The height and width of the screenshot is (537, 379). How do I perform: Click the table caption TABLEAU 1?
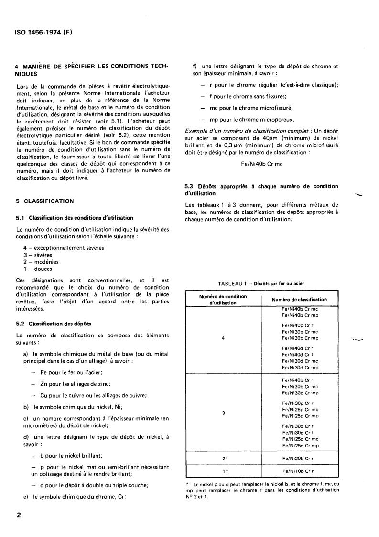(x=261, y=283)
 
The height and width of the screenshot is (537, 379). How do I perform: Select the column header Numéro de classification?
(x=299, y=299)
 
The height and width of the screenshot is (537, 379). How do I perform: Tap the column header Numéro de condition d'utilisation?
(x=223, y=300)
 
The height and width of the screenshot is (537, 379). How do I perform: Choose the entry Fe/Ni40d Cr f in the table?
(x=297, y=355)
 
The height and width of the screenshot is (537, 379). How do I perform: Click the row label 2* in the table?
(x=223, y=458)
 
